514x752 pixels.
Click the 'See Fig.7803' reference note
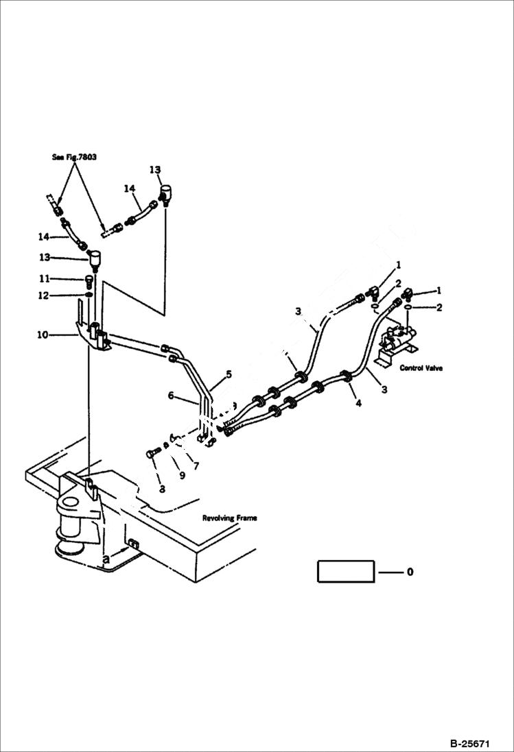pos(74,157)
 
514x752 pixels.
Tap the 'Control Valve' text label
pos(421,368)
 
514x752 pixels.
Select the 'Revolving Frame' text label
pos(229,518)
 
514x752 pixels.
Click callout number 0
pos(410,572)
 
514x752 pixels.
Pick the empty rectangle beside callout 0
pos(345,571)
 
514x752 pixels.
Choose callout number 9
pos(182,474)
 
